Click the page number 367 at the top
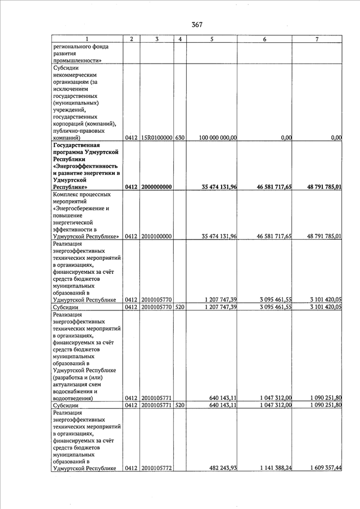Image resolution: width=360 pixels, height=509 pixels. (x=196, y=24)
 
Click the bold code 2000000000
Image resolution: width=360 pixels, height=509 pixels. (x=156, y=187)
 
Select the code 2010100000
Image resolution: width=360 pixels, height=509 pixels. (x=156, y=236)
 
